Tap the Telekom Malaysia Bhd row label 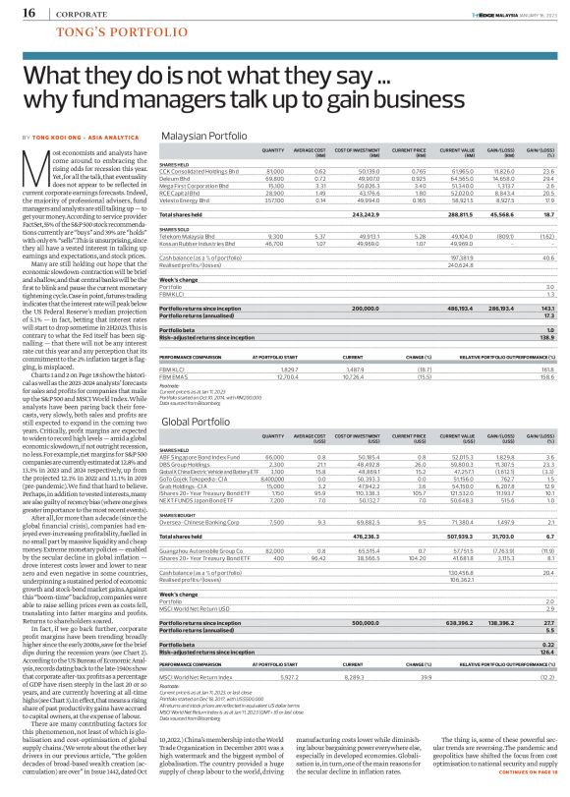(183, 236)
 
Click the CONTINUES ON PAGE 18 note (517, 788)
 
